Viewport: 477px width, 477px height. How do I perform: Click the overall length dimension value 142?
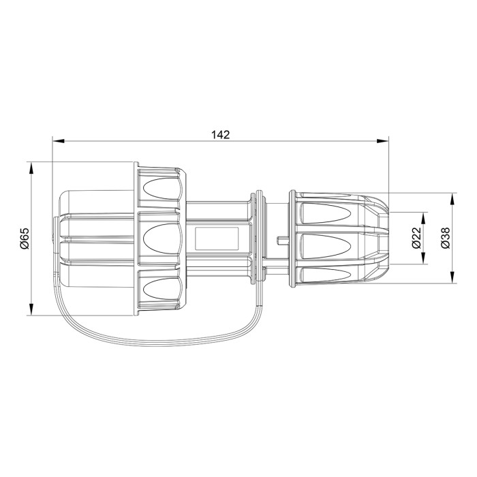220,134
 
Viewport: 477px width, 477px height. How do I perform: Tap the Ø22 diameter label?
415,238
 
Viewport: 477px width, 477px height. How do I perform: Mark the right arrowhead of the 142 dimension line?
384,142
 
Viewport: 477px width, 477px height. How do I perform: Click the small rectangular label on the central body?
217,238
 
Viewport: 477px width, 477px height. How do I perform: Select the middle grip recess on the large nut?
162,238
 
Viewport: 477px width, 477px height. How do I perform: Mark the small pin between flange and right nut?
281,239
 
